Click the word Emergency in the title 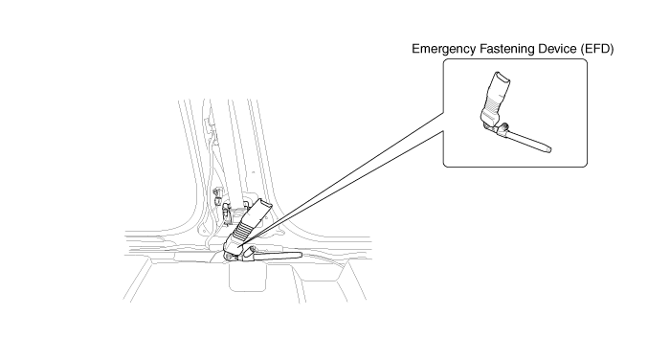coord(443,49)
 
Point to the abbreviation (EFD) coord(597,49)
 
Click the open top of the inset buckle coord(502,77)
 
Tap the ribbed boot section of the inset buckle coord(495,102)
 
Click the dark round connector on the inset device coord(504,126)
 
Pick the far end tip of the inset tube coord(549,149)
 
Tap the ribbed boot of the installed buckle coord(245,229)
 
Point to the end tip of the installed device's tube coord(300,256)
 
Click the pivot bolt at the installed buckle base coord(230,256)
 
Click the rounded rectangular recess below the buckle coord(247,277)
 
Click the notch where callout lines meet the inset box coord(443,122)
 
